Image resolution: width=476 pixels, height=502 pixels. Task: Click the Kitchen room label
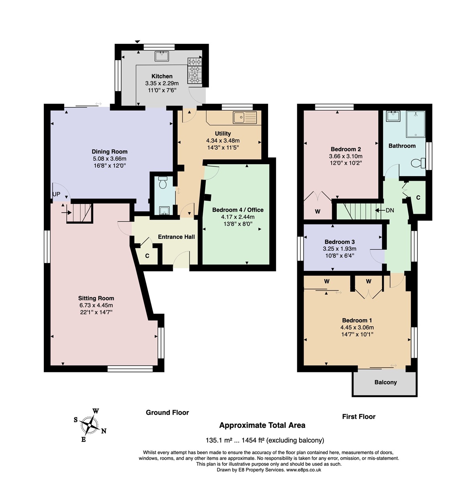pyautogui.click(x=162, y=76)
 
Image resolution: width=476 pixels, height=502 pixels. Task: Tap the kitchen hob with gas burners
pyautogui.click(x=195, y=71)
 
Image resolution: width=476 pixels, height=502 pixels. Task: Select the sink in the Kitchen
pyautogui.click(x=162, y=56)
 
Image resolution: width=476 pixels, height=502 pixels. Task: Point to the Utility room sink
pyautogui.click(x=245, y=118)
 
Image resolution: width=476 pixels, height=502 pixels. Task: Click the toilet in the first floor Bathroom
pyautogui.click(x=418, y=163)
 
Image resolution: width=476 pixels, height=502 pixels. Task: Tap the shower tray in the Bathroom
pyautogui.click(x=415, y=124)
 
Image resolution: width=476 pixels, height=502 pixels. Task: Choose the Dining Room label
pyautogui.click(x=110, y=151)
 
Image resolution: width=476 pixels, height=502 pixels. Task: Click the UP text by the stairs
pyautogui.click(x=57, y=194)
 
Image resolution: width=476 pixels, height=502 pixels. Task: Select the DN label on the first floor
pyautogui.click(x=390, y=210)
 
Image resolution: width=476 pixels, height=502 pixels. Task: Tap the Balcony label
pyautogui.click(x=386, y=382)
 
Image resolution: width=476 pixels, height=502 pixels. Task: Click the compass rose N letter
pyautogui.click(x=104, y=431)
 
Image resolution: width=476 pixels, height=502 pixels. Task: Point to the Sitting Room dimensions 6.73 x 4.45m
pyautogui.click(x=96, y=305)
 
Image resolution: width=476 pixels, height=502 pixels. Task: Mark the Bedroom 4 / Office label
pyautogui.click(x=238, y=209)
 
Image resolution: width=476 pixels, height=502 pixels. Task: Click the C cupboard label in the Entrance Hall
pyautogui.click(x=147, y=256)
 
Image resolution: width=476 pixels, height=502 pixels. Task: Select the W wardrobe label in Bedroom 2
pyautogui.click(x=317, y=211)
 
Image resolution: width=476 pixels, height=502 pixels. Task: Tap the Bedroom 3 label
pyautogui.click(x=340, y=242)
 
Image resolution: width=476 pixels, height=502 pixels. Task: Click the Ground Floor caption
pyautogui.click(x=167, y=413)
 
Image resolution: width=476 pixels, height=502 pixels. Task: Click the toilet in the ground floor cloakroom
pyautogui.click(x=163, y=183)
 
